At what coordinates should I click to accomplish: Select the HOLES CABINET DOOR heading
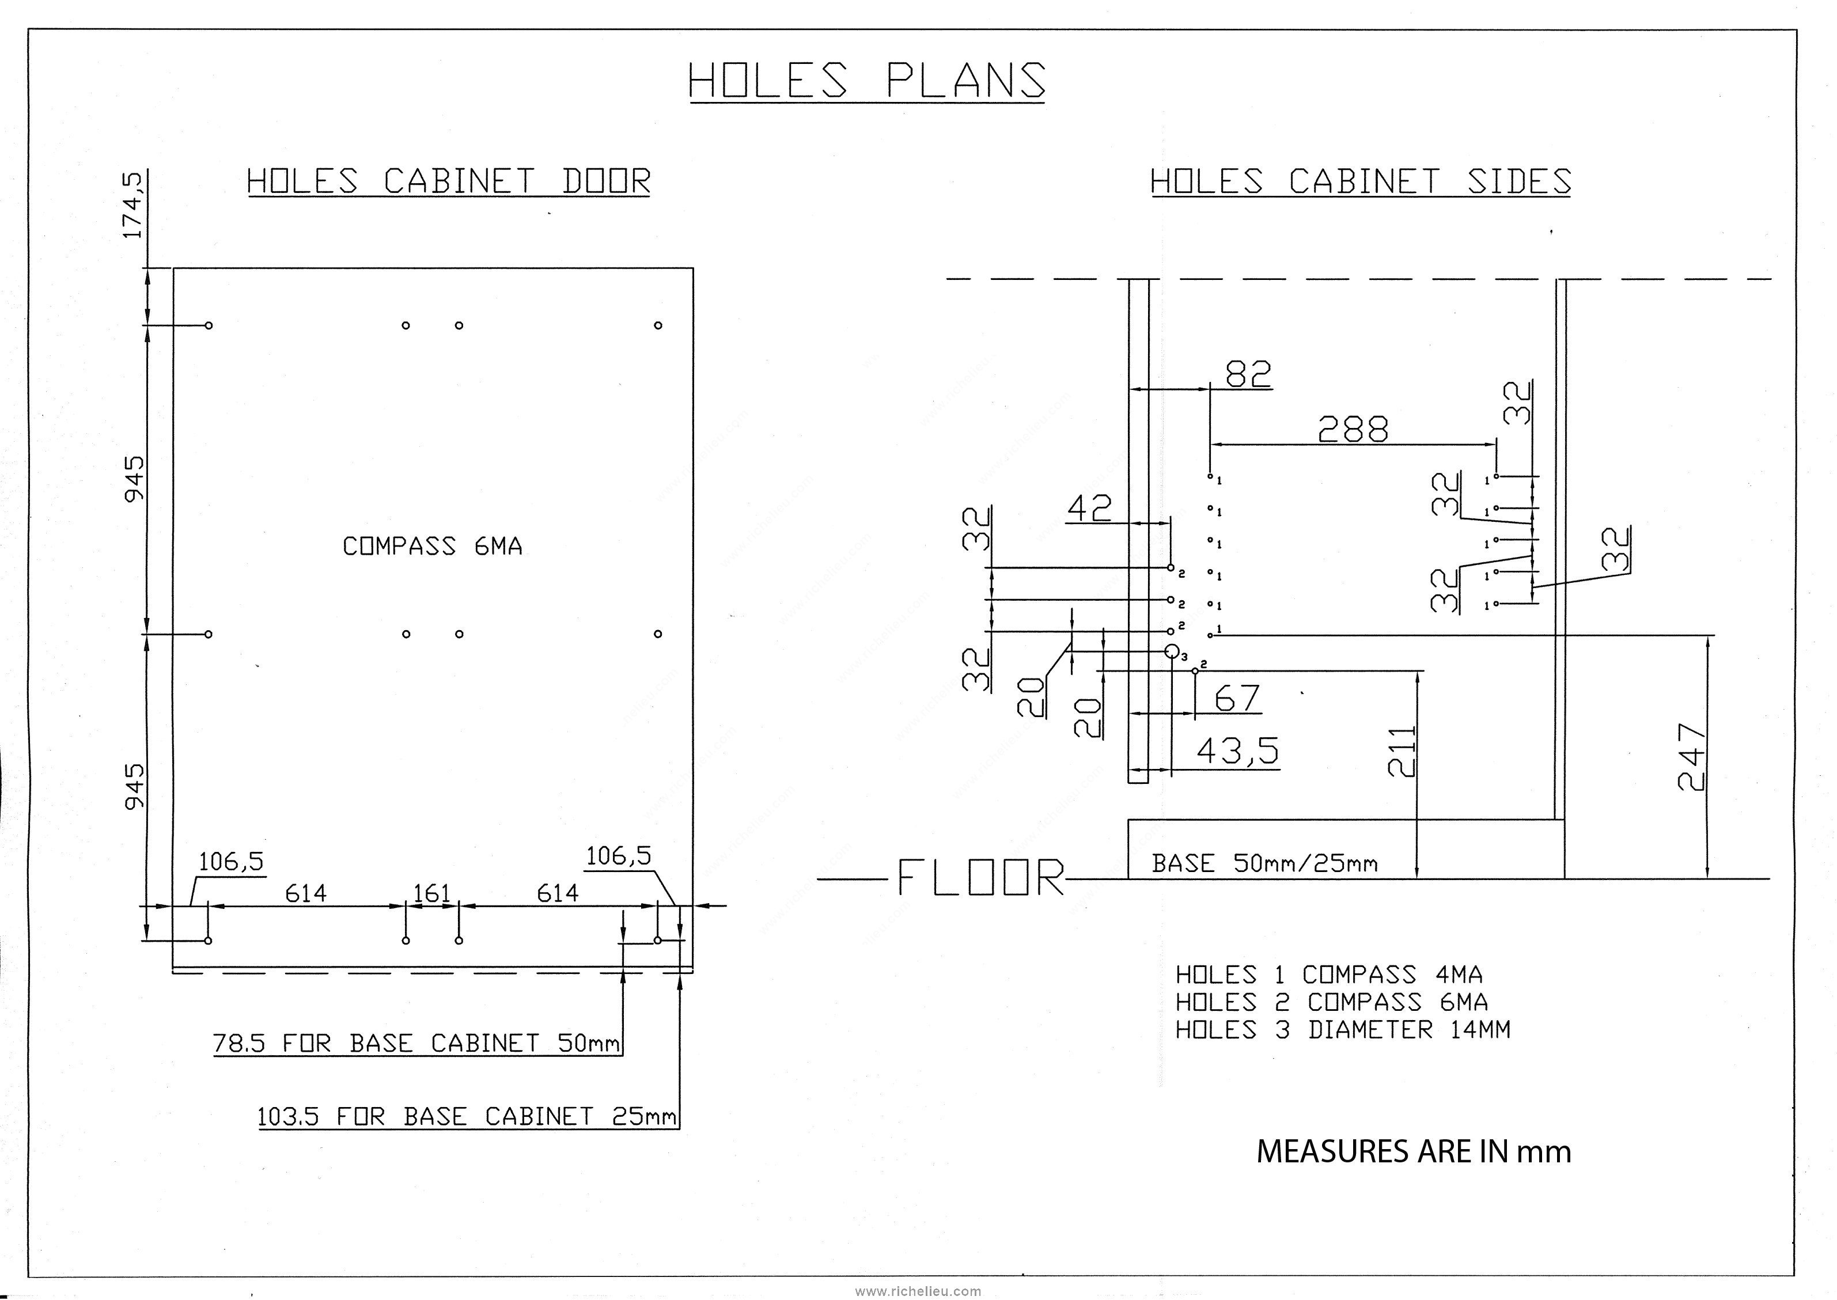(x=448, y=181)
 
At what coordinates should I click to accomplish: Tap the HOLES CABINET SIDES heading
(x=1361, y=181)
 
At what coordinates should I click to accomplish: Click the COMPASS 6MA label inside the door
(x=432, y=546)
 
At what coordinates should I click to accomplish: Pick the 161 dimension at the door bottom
(x=432, y=893)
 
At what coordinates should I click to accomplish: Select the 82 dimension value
(x=1248, y=373)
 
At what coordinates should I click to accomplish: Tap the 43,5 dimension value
(x=1237, y=751)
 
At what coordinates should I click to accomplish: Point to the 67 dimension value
(x=1237, y=699)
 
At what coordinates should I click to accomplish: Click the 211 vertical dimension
(x=1402, y=751)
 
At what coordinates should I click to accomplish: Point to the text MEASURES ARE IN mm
(x=1414, y=1152)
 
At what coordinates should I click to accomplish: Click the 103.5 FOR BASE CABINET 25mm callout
(x=467, y=1116)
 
